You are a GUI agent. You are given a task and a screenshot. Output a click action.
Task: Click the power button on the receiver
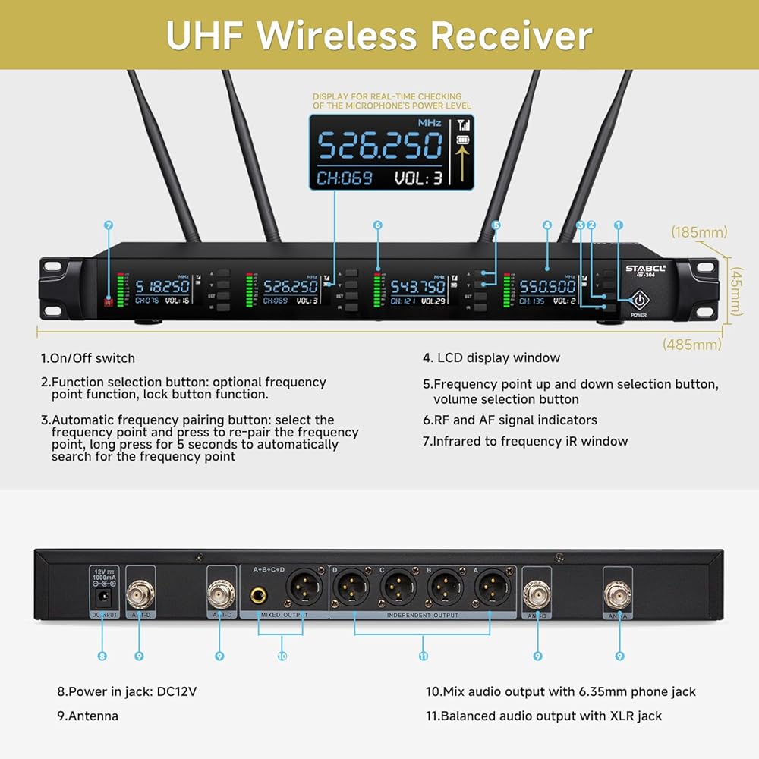click(639, 298)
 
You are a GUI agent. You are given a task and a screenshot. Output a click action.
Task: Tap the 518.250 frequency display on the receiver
click(162, 287)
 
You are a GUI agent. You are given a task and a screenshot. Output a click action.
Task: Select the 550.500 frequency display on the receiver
click(548, 287)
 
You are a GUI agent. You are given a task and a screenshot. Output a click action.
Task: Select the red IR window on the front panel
click(109, 301)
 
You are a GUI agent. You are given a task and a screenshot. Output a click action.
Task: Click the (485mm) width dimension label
click(691, 344)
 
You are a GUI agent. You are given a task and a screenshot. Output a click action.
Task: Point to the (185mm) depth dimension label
click(699, 231)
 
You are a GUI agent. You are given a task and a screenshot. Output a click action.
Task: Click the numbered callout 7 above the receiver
click(109, 225)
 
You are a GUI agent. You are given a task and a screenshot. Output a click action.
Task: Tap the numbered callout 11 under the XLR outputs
click(424, 657)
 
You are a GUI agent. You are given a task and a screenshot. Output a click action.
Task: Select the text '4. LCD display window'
click(491, 357)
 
